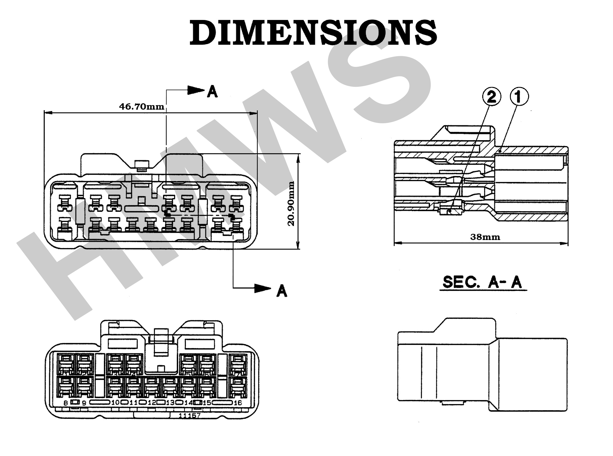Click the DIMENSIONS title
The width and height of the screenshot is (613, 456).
coord(313,33)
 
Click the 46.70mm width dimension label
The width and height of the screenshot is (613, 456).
coord(142,107)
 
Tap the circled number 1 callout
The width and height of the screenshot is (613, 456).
coord(519,97)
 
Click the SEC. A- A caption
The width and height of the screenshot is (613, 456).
coord(482,282)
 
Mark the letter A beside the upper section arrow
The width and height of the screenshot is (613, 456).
coord(212,91)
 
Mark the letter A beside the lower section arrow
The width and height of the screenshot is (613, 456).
coord(282,291)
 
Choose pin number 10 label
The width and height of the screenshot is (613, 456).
coord(115,402)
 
